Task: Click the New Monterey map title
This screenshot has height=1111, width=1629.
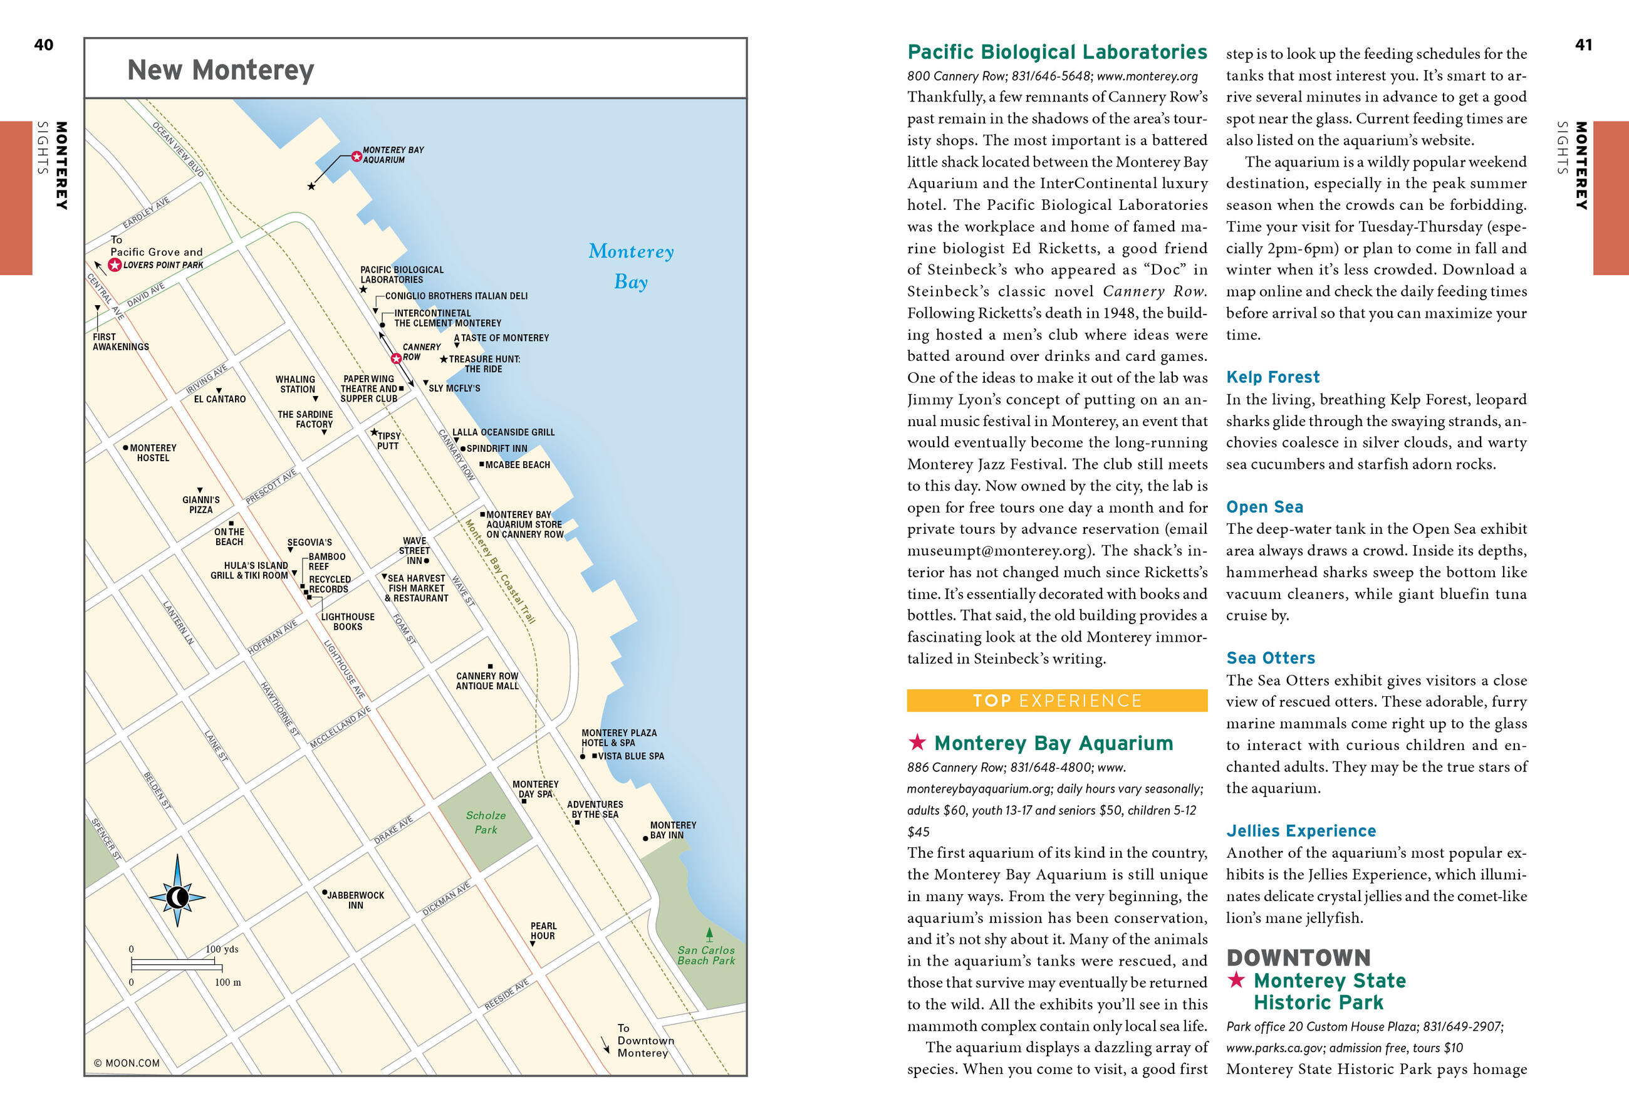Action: (x=220, y=70)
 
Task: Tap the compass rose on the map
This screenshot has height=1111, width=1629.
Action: (x=177, y=897)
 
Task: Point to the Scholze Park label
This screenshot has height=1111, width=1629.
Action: (x=485, y=822)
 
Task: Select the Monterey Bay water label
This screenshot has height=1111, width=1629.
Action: (x=631, y=266)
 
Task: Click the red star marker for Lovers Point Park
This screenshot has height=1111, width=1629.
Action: (x=115, y=265)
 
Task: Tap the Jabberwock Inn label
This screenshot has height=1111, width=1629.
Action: (x=355, y=900)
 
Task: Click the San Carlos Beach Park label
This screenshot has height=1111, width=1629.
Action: (x=706, y=956)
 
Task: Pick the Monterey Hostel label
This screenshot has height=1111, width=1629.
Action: (x=153, y=453)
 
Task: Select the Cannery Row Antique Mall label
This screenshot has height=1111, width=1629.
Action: (x=487, y=681)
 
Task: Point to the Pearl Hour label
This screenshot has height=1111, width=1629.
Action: (x=543, y=931)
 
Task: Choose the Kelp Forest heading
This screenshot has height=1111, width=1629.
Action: (x=1272, y=377)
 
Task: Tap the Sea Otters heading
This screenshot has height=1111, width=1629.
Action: (x=1270, y=657)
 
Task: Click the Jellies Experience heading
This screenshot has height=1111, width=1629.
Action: (x=1301, y=831)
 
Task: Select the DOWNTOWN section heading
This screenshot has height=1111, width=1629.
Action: (x=1298, y=957)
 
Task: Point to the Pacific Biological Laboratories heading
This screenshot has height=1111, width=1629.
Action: (x=1057, y=52)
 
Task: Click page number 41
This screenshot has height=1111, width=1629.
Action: (x=1583, y=45)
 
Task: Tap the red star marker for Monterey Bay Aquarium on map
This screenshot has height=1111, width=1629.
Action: (x=356, y=155)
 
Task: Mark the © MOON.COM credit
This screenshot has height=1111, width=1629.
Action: (x=127, y=1063)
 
